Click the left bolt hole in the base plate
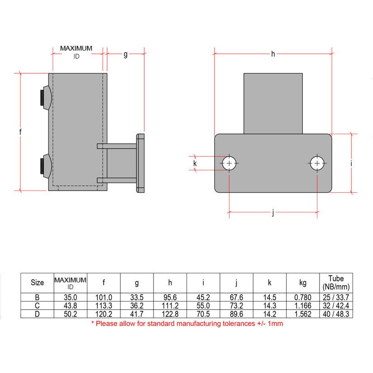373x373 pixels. point(230,163)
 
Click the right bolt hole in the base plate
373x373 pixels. point(317,163)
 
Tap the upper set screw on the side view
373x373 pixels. point(45,97)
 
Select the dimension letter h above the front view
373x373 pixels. point(273,54)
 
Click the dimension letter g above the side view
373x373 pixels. point(125,55)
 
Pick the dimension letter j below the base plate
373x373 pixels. point(273,213)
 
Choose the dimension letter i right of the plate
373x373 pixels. point(351,163)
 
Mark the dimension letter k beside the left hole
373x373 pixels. point(195,163)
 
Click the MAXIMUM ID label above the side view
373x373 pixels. point(76,52)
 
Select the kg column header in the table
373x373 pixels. point(303,283)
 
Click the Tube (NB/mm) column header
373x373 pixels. point(336,282)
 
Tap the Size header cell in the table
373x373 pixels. point(37,283)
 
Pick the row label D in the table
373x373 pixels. point(37,313)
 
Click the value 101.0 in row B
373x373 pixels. point(104,297)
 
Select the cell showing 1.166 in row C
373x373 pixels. point(303,305)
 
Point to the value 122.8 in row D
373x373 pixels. point(170,313)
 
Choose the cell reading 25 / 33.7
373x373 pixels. point(336,297)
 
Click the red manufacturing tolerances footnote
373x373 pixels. point(187,324)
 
